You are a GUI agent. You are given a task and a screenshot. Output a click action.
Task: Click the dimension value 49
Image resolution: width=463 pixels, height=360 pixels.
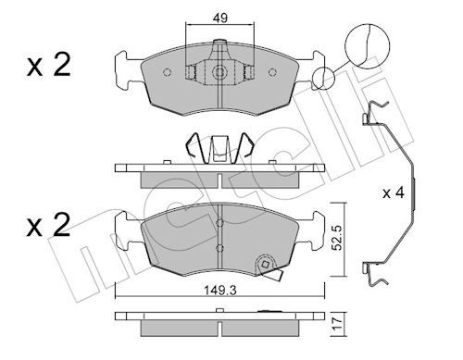pyautogui.click(x=220, y=19)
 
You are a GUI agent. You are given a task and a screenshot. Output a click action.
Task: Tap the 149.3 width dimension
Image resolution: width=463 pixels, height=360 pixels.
pyautogui.click(x=220, y=291)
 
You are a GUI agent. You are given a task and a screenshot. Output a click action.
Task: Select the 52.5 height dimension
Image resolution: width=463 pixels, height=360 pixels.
pyautogui.click(x=338, y=238)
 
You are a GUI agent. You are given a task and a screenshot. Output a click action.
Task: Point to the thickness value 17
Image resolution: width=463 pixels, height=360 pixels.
pyautogui.click(x=338, y=323)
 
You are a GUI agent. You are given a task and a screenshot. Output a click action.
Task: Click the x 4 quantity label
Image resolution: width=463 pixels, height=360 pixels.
pyautogui.click(x=394, y=193)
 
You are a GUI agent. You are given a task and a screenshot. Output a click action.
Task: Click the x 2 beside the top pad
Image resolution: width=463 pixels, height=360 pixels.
pyautogui.click(x=49, y=65)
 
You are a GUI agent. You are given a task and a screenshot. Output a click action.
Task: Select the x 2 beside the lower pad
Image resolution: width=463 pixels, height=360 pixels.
pyautogui.click(x=49, y=225)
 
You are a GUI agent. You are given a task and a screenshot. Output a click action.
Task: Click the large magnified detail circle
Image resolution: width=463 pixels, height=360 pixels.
pyautogui.click(x=367, y=45)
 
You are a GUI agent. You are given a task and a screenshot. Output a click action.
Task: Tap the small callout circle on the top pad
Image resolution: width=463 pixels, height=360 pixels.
pyautogui.click(x=323, y=78)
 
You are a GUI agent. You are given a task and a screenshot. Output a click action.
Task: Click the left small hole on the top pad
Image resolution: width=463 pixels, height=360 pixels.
pyautogui.click(x=167, y=72)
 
